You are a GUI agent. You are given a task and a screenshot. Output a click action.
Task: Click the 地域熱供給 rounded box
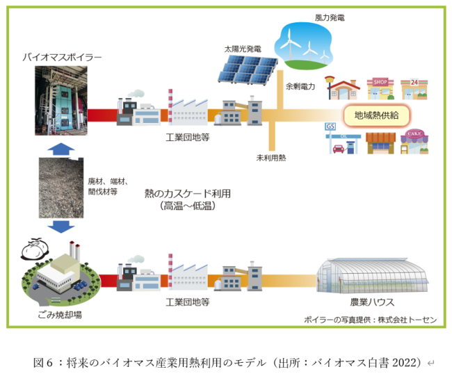click(376, 115)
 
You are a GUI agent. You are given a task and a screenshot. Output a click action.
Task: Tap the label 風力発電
click(330, 18)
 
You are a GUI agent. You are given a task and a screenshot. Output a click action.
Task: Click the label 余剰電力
click(300, 86)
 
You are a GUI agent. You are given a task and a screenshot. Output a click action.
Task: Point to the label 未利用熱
click(271, 158)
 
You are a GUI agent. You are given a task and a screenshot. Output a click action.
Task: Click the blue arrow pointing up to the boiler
click(61, 149)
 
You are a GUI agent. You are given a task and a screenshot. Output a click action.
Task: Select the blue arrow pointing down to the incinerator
click(61, 226)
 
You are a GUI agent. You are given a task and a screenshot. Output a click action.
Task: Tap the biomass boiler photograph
click(61, 101)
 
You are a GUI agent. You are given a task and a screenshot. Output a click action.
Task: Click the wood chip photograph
click(61, 188)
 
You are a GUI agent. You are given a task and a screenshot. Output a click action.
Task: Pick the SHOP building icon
click(380, 88)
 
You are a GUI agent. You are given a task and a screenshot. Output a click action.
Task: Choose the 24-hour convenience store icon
click(414, 89)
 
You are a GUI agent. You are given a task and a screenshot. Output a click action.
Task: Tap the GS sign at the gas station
click(330, 126)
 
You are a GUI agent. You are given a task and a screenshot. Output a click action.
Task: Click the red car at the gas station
click(338, 149)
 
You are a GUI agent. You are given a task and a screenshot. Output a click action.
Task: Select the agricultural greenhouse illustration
click(372, 276)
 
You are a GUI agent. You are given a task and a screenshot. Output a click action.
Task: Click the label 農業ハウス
click(372, 302)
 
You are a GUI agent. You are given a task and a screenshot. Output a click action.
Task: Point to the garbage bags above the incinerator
click(35, 249)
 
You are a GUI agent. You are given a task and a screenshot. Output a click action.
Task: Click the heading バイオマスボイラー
click(62, 57)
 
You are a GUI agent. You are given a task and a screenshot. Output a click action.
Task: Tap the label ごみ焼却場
click(60, 315)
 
